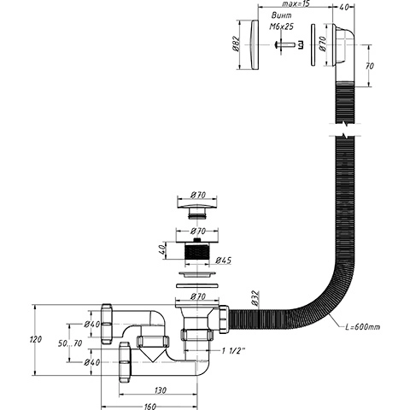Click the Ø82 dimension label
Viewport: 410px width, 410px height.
point(237,44)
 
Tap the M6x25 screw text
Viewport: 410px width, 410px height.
point(281,26)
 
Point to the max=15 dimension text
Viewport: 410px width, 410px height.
point(296,3)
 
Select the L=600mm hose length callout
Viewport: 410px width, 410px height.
point(362,327)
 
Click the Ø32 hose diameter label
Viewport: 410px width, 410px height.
point(255,298)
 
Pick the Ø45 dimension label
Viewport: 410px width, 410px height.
point(223,261)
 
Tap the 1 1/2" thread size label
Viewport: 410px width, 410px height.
point(233,351)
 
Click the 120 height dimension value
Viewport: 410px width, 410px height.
point(36,339)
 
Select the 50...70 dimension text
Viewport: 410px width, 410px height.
point(70,343)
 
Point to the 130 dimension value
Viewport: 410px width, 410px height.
point(160,390)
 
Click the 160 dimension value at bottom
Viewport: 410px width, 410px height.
point(149,407)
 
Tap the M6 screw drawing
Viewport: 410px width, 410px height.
point(288,44)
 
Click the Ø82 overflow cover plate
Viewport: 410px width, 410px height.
point(255,44)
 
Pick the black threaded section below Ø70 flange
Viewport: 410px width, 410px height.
point(197,251)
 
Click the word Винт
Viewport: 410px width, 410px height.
point(281,15)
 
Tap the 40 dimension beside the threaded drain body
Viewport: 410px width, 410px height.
point(161,250)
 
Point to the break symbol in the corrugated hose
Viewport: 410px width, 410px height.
point(345,130)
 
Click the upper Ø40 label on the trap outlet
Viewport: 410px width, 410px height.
point(92,324)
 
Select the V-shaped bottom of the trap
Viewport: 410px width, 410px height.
point(153,354)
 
